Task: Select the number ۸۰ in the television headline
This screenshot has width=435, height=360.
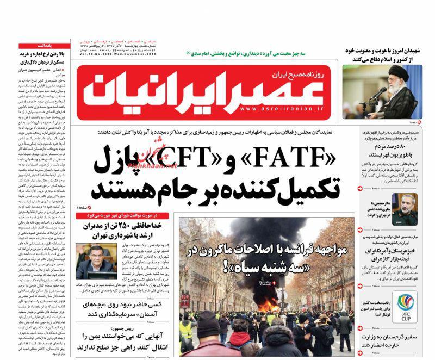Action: [x=413, y=147]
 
